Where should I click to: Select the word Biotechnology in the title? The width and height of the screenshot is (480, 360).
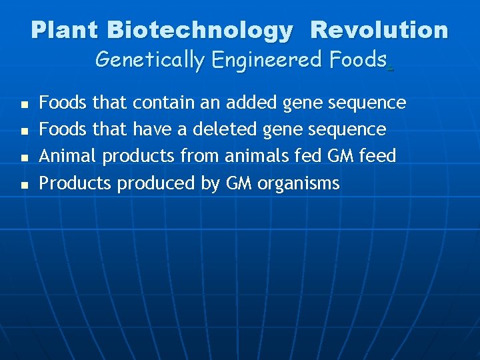[199, 30]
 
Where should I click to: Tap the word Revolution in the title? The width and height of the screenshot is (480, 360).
[379, 30]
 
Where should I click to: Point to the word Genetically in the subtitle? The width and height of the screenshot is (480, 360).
[150, 60]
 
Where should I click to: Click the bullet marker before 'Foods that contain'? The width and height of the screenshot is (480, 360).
[24, 105]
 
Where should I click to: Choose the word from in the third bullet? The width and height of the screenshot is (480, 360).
[202, 156]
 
